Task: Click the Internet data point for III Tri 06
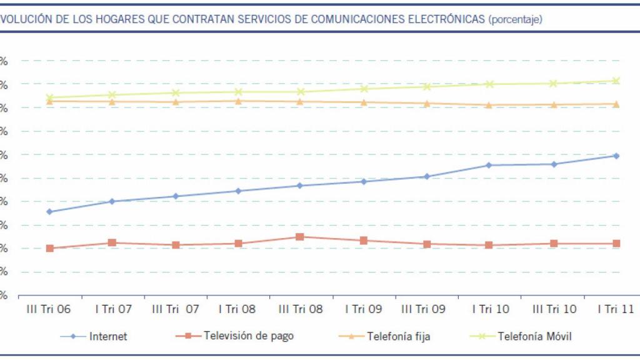pos(50,211)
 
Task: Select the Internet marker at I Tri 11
pos(616,156)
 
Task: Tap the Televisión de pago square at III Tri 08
pos(300,237)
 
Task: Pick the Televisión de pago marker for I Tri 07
pos(112,242)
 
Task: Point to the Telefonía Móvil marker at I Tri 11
pos(616,81)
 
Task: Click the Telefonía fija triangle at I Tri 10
pos(489,105)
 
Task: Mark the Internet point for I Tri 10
pos(489,165)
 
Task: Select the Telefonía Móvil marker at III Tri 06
pos(50,97)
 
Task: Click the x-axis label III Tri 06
pos(49,309)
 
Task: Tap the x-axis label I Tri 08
pos(237,309)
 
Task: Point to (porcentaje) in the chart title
pos(516,19)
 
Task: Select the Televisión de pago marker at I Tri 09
pos(363,241)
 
